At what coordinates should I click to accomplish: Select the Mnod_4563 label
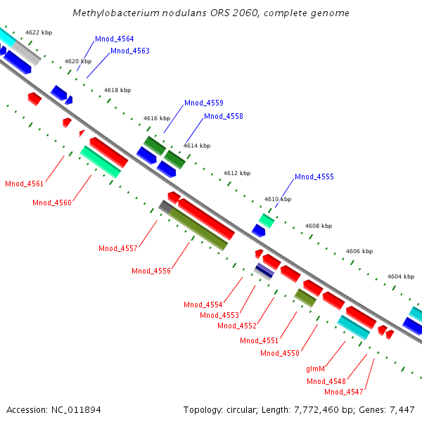(129, 51)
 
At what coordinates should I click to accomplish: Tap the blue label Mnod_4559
(204, 103)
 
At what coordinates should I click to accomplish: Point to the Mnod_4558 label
(223, 116)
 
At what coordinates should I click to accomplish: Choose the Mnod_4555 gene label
(314, 177)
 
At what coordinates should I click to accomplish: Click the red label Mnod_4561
(24, 184)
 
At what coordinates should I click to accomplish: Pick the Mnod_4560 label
(52, 203)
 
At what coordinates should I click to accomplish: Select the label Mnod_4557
(118, 248)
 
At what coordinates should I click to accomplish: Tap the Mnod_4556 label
(151, 271)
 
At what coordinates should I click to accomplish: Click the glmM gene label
(315, 369)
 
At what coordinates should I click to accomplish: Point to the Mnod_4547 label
(344, 392)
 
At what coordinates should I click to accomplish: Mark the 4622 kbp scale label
(38, 32)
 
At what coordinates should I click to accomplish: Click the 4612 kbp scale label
(237, 172)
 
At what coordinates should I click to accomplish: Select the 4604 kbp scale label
(400, 276)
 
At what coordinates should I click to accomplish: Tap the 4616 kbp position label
(157, 118)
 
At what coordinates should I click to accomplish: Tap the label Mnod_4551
(260, 340)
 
